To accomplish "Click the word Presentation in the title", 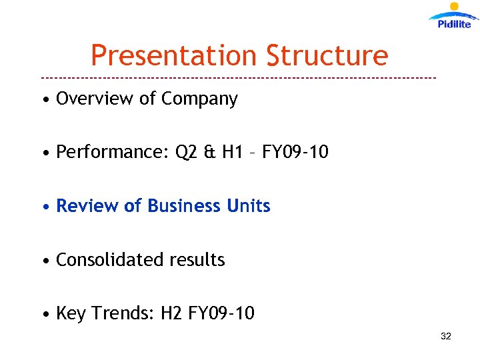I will click(x=174, y=55).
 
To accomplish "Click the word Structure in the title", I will click(x=327, y=55).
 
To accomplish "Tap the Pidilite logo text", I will click(x=454, y=24).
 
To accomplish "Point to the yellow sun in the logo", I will click(x=455, y=7).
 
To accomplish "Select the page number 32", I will click(x=446, y=336).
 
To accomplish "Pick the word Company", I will click(x=199, y=99).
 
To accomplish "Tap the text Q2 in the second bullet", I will click(x=187, y=153).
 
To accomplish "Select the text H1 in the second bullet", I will click(x=233, y=152).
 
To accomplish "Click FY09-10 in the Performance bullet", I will click(x=295, y=152).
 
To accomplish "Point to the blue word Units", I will click(x=249, y=206).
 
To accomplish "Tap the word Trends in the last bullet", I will click(x=123, y=313).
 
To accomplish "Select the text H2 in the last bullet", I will click(x=172, y=313).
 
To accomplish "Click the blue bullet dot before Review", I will click(x=45, y=207).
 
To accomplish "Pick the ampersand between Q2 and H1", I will click(x=210, y=153).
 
